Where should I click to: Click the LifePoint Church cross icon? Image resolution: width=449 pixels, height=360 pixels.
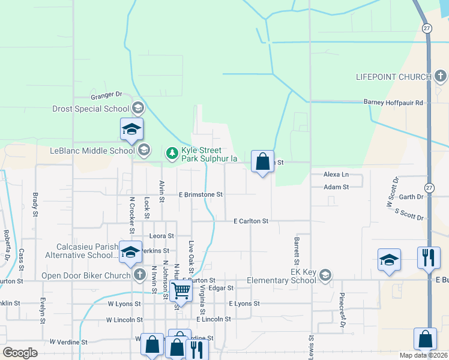click(x=441, y=76)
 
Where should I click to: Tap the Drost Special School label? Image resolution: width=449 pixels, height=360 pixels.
click(x=91, y=109)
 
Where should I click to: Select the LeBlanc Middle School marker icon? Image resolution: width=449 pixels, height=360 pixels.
click(x=143, y=150)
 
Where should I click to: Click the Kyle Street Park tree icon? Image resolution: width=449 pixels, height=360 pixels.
click(x=173, y=154)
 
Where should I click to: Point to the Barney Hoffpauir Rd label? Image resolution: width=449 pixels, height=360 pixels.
click(x=393, y=103)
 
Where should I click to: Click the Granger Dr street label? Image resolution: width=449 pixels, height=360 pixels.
click(x=106, y=95)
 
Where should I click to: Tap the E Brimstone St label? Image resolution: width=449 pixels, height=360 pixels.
click(x=201, y=194)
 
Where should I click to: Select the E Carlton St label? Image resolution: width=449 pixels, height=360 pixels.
click(x=250, y=221)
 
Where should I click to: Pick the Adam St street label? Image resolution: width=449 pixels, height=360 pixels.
click(x=336, y=187)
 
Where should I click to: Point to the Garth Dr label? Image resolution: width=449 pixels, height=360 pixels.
click(x=411, y=197)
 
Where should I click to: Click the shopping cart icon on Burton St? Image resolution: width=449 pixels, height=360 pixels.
click(x=180, y=291)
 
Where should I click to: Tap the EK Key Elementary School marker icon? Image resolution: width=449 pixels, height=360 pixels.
click(x=325, y=275)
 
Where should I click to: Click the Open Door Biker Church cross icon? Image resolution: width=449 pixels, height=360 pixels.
click(x=139, y=275)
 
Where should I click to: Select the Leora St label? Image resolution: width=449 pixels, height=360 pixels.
click(x=161, y=236)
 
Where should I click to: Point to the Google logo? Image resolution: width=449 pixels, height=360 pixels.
click(x=20, y=353)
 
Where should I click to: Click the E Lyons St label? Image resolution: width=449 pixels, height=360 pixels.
click(x=244, y=304)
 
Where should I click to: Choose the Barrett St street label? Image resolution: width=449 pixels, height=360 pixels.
click(x=297, y=251)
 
